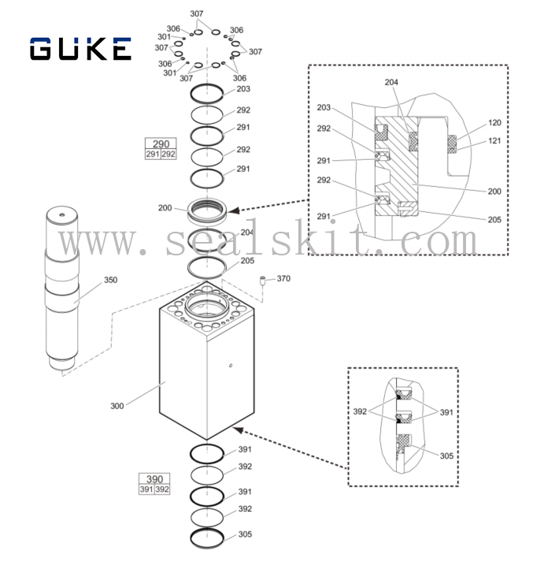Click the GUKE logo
pos(80,49)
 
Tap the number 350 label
pos(111,280)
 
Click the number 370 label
pos(283,278)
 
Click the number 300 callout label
pos(117,406)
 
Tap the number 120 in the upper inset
pos(494,123)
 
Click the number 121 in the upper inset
pos(494,140)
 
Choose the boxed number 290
pos(161,144)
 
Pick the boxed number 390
pos(155,479)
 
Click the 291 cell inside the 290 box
pos(153,154)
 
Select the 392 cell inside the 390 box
pos(163,489)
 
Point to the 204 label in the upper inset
pos(391,82)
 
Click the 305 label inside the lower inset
pos(446,456)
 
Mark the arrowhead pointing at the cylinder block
pos(236,430)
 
